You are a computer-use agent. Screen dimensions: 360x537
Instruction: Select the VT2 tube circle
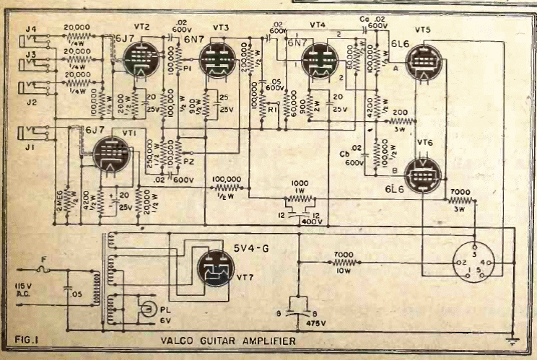point(135,58)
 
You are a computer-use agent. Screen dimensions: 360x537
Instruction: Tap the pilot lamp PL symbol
point(147,309)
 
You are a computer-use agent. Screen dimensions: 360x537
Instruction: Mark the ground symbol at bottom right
point(512,338)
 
